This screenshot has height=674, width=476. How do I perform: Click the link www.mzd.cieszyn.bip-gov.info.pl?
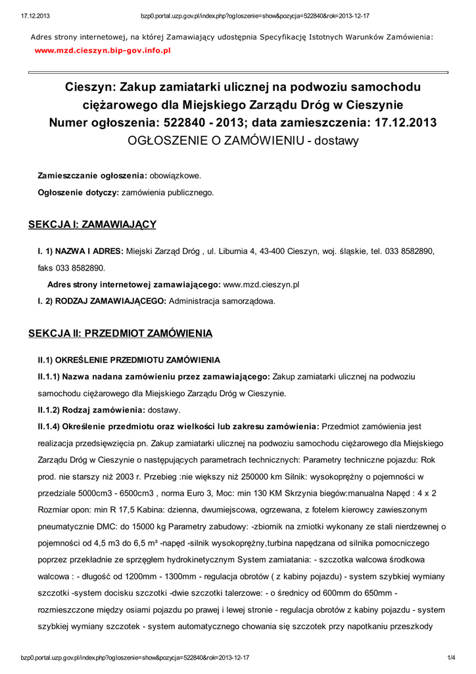click(103, 50)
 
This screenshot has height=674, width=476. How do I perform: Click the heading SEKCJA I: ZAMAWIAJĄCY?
click(92, 224)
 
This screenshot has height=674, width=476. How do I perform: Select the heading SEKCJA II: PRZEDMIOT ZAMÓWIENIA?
click(120, 334)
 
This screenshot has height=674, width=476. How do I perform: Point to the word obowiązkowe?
click(175, 176)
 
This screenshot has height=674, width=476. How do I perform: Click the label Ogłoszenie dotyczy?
click(78, 192)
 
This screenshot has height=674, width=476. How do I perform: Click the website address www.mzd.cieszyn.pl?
click(262, 285)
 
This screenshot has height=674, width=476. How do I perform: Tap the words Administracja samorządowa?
click(222, 301)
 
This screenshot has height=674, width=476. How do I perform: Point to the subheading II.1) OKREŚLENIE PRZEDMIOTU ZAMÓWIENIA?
click(128, 360)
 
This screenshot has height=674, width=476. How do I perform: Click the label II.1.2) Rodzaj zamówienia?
click(91, 409)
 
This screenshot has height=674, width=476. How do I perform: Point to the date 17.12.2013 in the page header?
click(26, 15)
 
